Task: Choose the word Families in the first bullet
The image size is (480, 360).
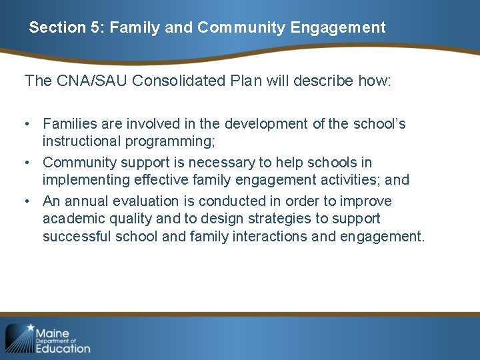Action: click(70, 124)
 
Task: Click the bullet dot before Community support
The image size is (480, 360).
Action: click(29, 163)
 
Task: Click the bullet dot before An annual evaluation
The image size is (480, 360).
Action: click(29, 201)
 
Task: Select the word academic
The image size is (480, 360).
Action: click(70, 219)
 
